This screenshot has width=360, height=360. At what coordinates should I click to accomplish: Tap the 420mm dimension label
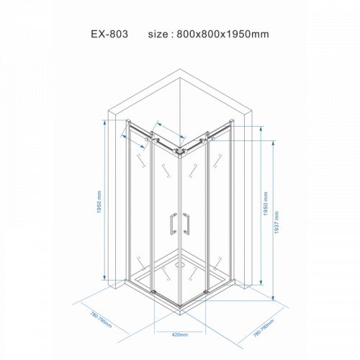click(179, 335)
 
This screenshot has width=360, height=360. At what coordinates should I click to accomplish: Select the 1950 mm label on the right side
click(264, 204)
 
